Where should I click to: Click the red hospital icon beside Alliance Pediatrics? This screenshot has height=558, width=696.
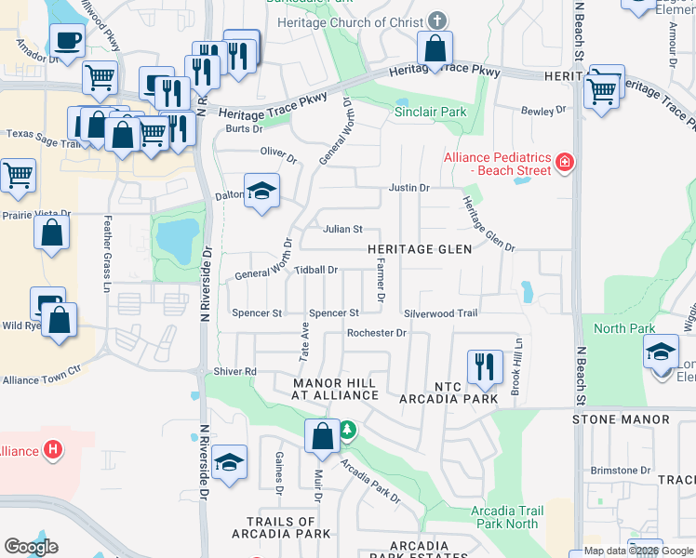(x=564, y=164)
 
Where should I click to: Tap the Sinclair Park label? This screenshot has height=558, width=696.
(x=429, y=113)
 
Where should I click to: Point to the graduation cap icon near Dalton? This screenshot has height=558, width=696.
(x=262, y=191)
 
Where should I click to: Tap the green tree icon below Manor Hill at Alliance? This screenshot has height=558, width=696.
(x=346, y=430)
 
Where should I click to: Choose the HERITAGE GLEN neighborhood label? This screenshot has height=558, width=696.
(x=420, y=249)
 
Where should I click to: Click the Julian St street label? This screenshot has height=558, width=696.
(x=341, y=229)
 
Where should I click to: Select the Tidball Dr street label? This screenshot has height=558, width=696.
(x=315, y=270)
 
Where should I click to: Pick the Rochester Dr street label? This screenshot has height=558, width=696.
(x=376, y=333)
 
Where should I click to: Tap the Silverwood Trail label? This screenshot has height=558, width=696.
(x=440, y=313)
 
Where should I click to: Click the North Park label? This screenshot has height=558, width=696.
(x=624, y=328)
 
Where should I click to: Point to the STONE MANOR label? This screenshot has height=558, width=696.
(x=621, y=419)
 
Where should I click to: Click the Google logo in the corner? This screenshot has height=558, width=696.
(x=31, y=547)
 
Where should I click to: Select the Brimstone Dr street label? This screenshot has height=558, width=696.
(x=620, y=471)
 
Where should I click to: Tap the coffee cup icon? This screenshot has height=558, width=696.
(x=68, y=41)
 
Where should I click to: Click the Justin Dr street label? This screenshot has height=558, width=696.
(x=408, y=188)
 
